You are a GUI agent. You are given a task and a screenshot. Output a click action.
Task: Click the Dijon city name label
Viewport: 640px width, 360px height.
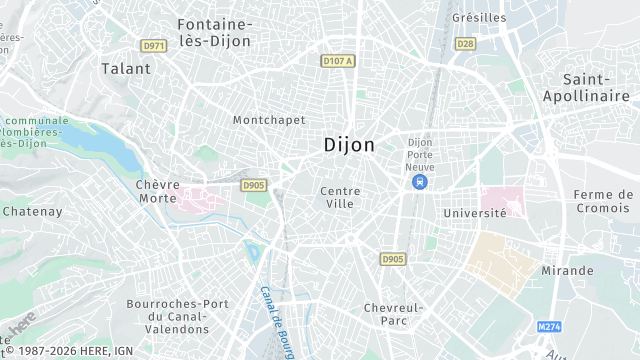[x=349, y=145]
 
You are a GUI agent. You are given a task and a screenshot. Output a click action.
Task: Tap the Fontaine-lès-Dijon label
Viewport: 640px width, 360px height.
[x=214, y=32]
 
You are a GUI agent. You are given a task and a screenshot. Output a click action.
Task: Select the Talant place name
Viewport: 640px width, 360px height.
[x=126, y=69]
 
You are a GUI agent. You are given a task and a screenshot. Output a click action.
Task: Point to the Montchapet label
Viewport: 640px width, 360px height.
[x=268, y=120]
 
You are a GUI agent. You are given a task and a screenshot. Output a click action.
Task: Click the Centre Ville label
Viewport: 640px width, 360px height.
[x=340, y=197]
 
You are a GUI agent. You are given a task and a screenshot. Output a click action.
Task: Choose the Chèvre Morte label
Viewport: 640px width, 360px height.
[x=158, y=191]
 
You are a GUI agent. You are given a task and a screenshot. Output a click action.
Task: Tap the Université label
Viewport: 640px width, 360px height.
[x=476, y=212]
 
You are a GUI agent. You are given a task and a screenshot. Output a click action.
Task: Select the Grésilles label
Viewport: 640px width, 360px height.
[x=479, y=18]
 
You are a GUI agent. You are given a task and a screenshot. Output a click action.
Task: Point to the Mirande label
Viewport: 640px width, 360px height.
[x=567, y=271]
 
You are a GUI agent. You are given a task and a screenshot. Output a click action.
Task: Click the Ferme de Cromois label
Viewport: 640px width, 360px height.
[x=603, y=201]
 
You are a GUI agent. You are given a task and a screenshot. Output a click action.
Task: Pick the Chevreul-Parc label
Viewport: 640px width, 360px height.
[x=394, y=314]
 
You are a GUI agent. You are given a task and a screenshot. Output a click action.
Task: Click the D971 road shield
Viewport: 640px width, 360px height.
[x=153, y=46]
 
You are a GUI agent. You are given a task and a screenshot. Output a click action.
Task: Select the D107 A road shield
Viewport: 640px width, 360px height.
[x=339, y=61]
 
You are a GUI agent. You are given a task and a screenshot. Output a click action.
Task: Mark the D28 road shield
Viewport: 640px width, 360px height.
[x=465, y=44]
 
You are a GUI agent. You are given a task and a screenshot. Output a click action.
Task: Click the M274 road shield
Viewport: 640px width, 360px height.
[x=548, y=327]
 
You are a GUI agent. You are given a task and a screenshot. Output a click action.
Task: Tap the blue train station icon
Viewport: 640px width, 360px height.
[x=419, y=181]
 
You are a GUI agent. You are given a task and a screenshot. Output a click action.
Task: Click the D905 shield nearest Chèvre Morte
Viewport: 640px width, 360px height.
[x=254, y=185]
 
